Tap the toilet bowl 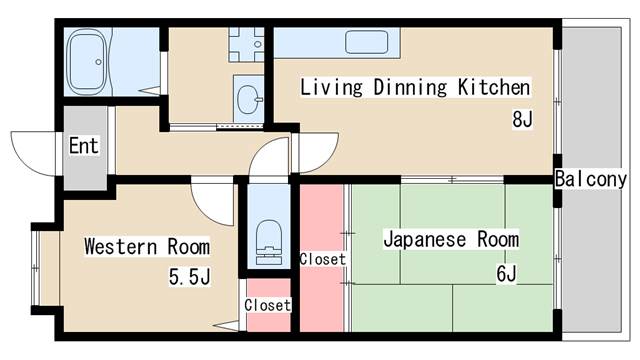point(267,241)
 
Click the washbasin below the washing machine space point(248,98)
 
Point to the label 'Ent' point(84,146)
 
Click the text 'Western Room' point(146,246)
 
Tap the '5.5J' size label point(189,275)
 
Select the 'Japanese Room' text point(451,239)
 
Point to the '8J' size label point(522,120)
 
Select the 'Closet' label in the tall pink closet point(322,259)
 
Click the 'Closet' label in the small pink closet point(267,305)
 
